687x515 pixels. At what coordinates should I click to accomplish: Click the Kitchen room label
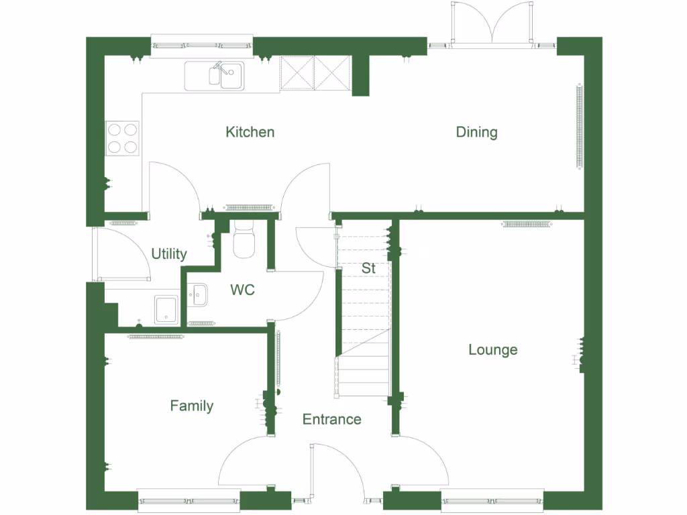[250, 132]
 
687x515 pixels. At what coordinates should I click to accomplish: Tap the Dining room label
[476, 132]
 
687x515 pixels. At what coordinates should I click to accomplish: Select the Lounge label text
[492, 350]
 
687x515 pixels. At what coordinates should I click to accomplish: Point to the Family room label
[191, 406]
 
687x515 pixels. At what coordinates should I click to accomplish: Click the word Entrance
[331, 420]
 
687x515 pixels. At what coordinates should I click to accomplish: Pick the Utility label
[168, 254]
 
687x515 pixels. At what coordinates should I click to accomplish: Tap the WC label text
[242, 290]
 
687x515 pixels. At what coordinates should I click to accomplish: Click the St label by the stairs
[368, 268]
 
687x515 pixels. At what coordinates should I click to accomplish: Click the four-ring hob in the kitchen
[122, 138]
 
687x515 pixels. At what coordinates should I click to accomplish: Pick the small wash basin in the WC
[197, 294]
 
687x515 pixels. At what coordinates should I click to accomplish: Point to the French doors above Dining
[493, 27]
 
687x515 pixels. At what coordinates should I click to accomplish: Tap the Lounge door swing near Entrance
[423, 463]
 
